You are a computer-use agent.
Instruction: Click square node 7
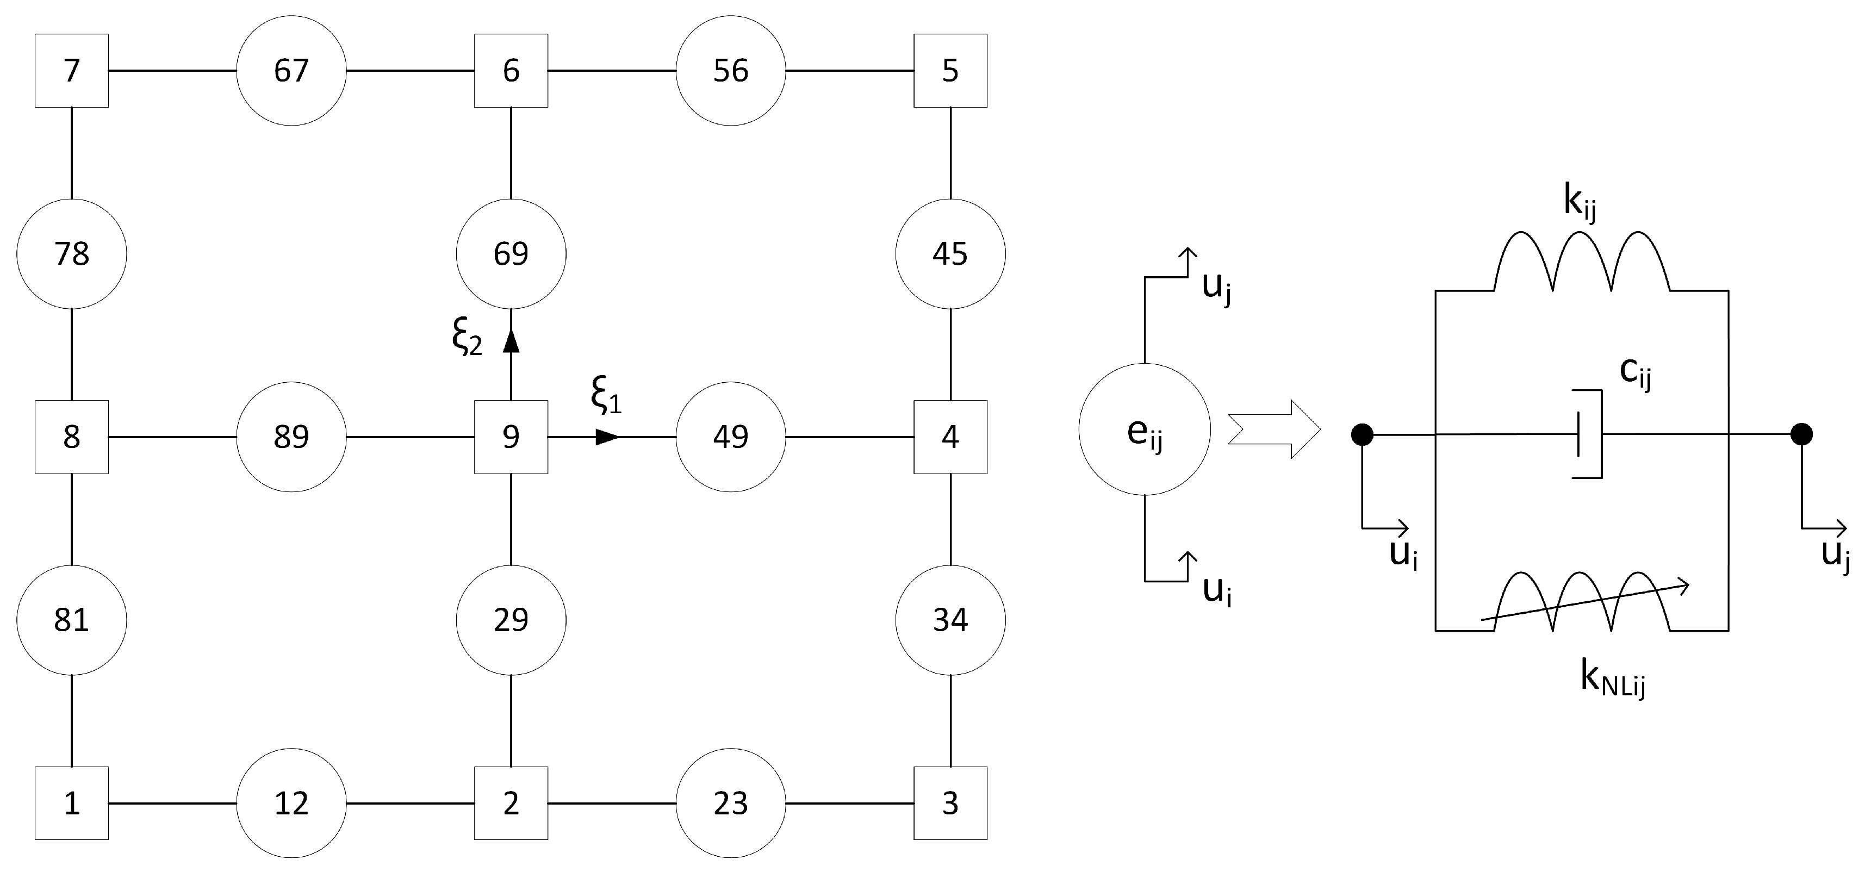click(72, 71)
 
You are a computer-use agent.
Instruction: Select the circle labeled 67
click(291, 71)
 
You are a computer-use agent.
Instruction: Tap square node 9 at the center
click(511, 437)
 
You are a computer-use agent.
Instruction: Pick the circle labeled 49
click(731, 437)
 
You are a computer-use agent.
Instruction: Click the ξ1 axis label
click(606, 396)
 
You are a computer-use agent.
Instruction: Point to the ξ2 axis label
click(467, 337)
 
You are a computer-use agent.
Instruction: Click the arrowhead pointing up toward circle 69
click(511, 341)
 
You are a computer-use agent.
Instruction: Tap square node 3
click(950, 804)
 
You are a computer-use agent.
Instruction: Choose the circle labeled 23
click(731, 804)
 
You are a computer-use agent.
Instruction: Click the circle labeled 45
click(950, 254)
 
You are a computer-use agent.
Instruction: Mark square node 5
click(950, 71)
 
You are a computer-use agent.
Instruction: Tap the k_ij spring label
click(1579, 203)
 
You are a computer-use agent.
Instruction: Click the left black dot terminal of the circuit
click(1362, 434)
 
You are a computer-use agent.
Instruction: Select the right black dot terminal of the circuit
click(1801, 434)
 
